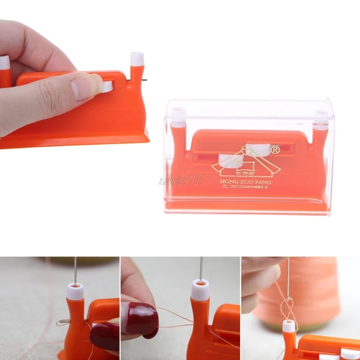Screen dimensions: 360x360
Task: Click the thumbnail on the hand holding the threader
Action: point(83,86)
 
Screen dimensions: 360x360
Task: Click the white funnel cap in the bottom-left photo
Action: point(75,291)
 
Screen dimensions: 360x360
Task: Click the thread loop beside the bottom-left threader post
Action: point(64,322)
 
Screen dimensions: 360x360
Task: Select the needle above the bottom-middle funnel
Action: point(201,268)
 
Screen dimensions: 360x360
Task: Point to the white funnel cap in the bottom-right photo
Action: point(288,326)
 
